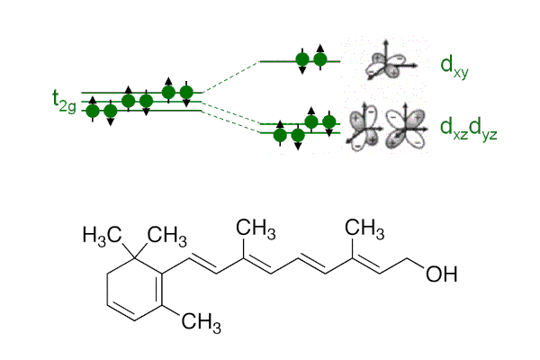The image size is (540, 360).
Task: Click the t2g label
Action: click(x=66, y=100)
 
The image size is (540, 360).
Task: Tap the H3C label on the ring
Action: click(x=101, y=235)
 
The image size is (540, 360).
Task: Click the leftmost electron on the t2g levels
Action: click(x=92, y=110)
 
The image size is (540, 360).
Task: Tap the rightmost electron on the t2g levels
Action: click(x=187, y=92)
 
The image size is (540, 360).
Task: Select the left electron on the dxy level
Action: click(x=302, y=60)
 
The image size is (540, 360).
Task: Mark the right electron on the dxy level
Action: click(x=319, y=60)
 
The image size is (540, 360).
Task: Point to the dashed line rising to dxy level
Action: click(x=230, y=76)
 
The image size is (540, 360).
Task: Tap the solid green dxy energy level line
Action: click(x=279, y=61)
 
